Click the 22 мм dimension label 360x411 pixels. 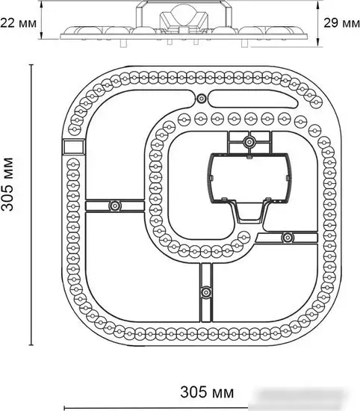(19, 23)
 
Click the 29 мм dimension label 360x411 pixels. (341, 23)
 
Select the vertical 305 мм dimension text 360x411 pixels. (7, 185)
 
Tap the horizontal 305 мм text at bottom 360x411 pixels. (207, 392)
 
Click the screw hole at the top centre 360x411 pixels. (201, 99)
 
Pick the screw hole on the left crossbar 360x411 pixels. (115, 205)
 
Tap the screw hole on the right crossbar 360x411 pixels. (288, 238)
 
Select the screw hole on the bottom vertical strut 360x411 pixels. (206, 291)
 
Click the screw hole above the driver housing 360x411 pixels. (249, 142)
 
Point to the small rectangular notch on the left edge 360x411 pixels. (74, 146)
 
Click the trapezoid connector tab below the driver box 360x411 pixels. (250, 212)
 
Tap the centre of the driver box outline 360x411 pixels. (250, 179)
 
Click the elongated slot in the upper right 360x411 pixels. (254, 99)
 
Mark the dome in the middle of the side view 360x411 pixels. (184, 16)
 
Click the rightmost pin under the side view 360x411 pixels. (244, 43)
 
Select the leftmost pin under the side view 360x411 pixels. (124, 43)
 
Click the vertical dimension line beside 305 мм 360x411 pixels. (31, 205)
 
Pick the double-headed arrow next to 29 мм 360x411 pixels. (318, 23)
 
